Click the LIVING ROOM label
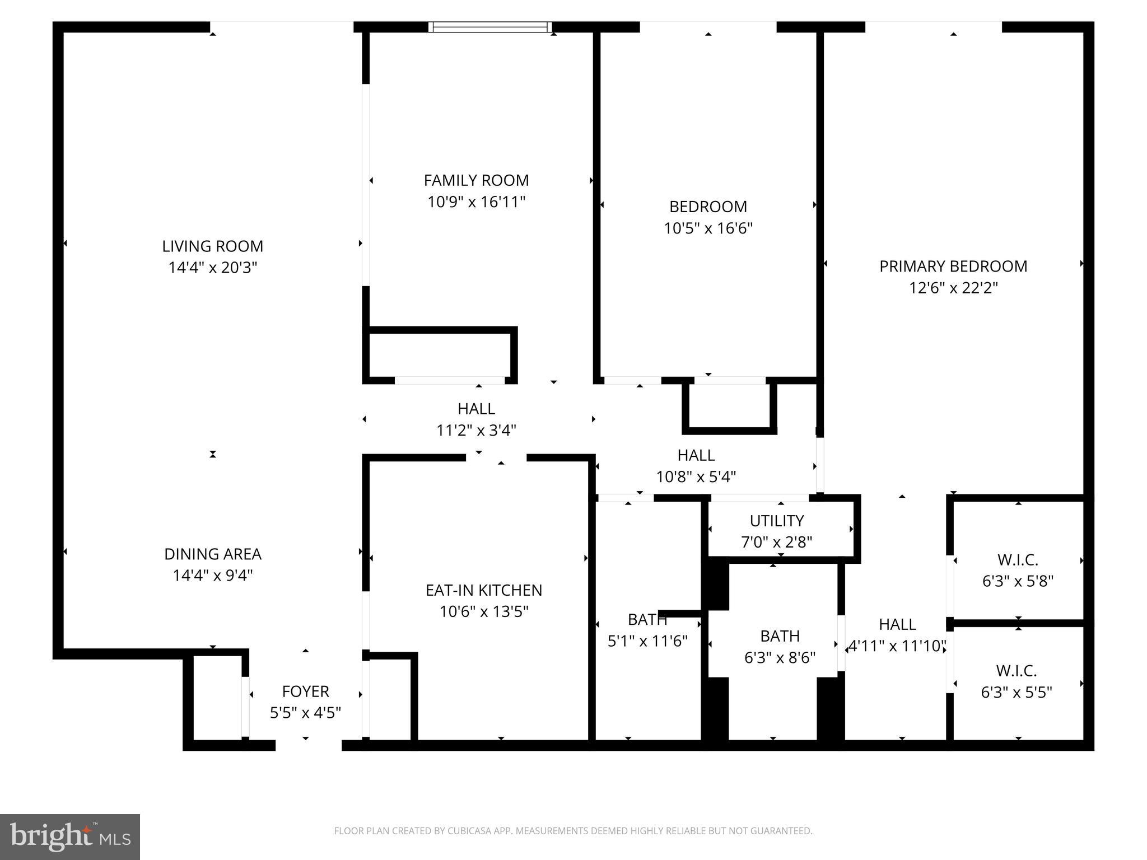tap(212, 246)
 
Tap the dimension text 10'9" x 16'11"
tap(476, 202)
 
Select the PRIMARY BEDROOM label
tap(953, 267)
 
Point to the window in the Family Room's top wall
tap(490, 27)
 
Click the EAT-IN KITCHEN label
tap(483, 590)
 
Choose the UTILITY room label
tap(776, 521)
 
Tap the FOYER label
tap(305, 691)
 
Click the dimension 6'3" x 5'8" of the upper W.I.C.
tap(1018, 581)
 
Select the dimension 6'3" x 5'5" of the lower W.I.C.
tap(1016, 693)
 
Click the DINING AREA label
tap(212, 554)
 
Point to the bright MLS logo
tap(70, 837)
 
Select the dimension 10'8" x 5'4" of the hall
tap(696, 477)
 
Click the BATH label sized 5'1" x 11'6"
tap(647, 619)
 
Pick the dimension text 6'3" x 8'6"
tap(780, 658)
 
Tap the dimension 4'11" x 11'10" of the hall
tap(897, 646)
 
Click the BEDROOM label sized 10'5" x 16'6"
tap(708, 207)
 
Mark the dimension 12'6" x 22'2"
tap(953, 288)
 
